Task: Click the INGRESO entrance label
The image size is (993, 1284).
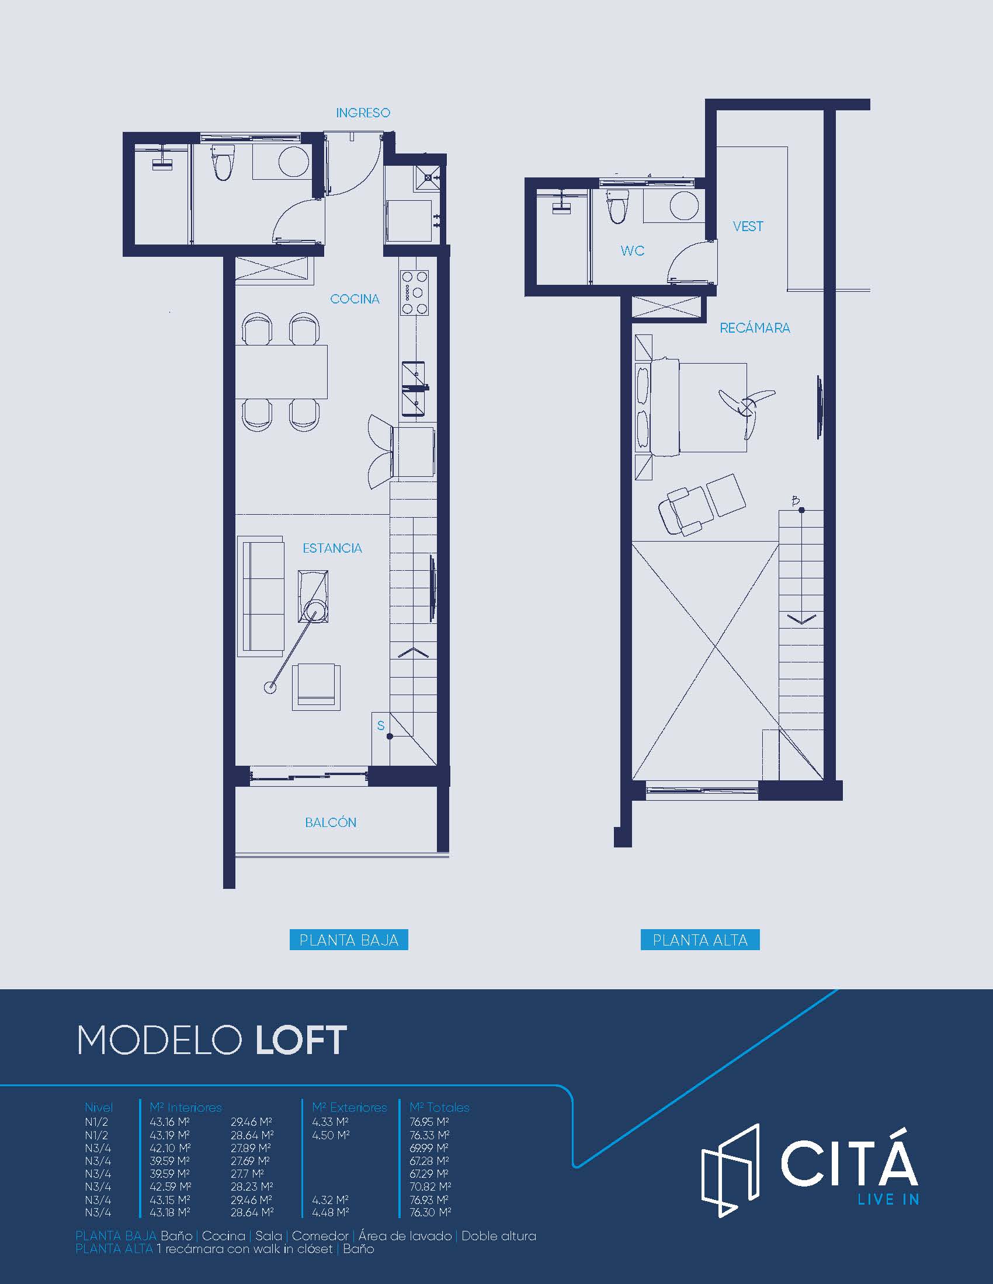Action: [363, 112]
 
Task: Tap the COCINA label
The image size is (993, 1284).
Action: [355, 299]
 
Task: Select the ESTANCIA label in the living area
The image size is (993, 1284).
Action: [332, 548]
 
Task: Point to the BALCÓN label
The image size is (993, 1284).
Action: [331, 822]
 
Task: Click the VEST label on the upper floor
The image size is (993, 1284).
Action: [748, 226]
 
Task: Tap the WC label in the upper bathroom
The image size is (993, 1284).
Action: [633, 251]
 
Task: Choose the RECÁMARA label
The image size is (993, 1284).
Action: [755, 327]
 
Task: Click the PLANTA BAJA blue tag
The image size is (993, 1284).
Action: [349, 940]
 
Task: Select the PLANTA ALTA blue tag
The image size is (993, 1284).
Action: [700, 940]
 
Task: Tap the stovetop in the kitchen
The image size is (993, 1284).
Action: [414, 293]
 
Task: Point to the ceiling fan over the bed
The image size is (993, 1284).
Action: [747, 405]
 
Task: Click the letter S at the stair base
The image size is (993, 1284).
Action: [381, 725]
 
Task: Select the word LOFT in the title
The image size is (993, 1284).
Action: [301, 1040]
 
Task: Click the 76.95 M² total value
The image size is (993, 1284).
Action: [429, 1122]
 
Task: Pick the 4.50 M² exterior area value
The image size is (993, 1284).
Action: [331, 1135]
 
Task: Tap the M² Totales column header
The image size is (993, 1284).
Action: [439, 1108]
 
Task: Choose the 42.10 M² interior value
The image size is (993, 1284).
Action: [169, 1148]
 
